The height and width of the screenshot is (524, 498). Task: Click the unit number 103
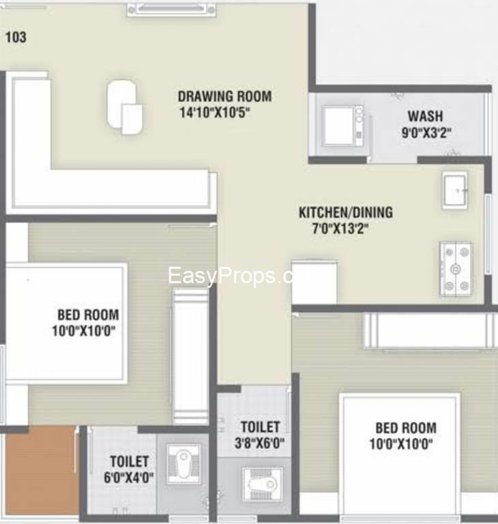tap(16, 37)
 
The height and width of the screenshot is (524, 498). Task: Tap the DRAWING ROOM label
tap(224, 97)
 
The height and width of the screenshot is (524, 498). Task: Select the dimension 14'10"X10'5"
tap(215, 113)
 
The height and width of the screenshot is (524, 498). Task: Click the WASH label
tap(426, 116)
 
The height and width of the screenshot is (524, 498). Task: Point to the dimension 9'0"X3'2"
tap(426, 132)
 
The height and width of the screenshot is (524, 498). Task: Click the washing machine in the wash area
tap(343, 126)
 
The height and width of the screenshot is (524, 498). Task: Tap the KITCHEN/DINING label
tap(346, 213)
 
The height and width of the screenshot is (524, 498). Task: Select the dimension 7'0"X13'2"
tap(340, 229)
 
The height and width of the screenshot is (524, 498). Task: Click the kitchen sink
tap(455, 190)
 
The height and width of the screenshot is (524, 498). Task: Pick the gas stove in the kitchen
tap(456, 270)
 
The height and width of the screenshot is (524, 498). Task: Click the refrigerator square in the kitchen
tap(314, 281)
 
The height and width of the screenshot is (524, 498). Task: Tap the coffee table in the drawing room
tap(125, 106)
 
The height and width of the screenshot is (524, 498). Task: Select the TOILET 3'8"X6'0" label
tap(260, 435)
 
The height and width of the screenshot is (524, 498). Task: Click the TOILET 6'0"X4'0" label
tap(129, 469)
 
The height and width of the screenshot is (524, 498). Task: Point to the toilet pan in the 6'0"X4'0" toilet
tap(184, 463)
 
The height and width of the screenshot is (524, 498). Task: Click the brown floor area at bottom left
tap(40, 472)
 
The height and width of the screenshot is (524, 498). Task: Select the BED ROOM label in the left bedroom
tap(88, 315)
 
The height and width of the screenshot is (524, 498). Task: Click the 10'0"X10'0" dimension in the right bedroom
tap(401, 444)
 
